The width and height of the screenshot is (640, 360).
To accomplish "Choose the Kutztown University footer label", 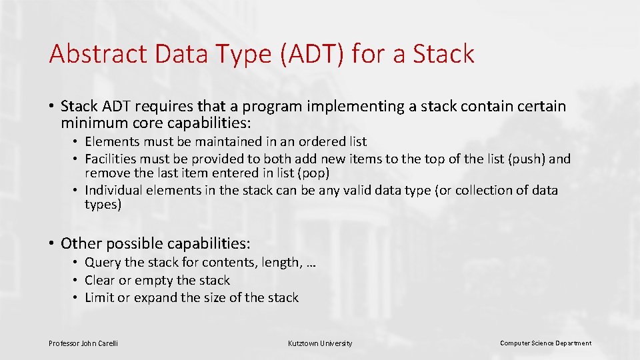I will (x=320, y=343).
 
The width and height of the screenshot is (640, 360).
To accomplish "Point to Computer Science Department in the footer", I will (x=545, y=343).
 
